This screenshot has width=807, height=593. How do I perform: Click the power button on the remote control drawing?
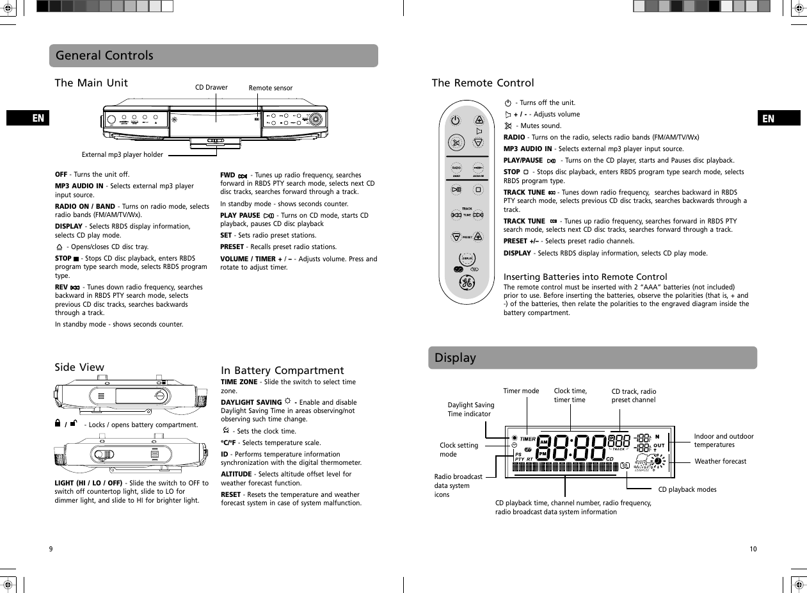tap(455, 120)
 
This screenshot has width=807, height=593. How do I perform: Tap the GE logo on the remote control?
tap(467, 283)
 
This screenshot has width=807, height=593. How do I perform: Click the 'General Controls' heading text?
tap(104, 56)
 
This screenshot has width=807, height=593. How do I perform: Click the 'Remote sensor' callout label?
tap(270, 88)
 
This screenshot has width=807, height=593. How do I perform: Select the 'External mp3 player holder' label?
tap(122, 154)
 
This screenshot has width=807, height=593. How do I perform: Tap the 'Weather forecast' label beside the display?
tap(720, 461)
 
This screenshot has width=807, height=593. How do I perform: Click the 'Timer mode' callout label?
tap(521, 391)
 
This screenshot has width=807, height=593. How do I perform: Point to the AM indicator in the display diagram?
tap(544, 442)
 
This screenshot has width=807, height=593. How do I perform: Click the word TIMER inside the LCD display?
tap(528, 439)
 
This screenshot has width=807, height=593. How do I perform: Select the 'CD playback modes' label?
tap(687, 489)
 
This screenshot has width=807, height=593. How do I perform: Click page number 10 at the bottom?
tap(753, 549)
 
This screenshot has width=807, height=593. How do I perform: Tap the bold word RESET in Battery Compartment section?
tap(230, 494)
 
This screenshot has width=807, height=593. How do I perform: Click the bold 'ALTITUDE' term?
tap(236, 474)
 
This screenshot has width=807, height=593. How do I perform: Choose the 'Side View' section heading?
tap(79, 367)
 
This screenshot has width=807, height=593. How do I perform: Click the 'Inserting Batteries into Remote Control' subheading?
tap(585, 277)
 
